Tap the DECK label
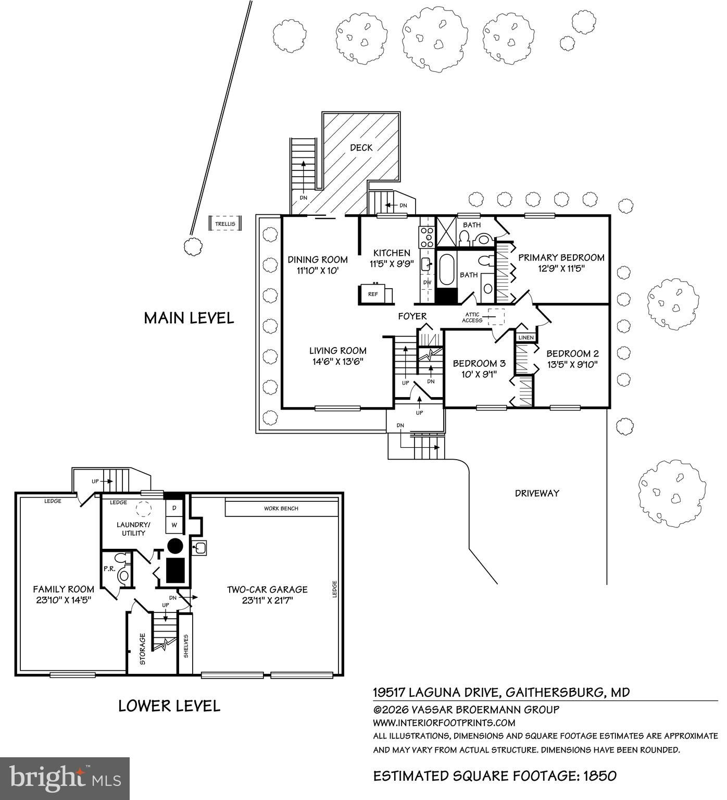click(361, 147)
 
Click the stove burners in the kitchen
click(427, 237)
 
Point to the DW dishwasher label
click(428, 282)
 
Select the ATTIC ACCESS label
click(472, 317)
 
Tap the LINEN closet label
click(526, 338)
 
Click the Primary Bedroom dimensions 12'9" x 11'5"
click(561, 269)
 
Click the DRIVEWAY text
click(537, 493)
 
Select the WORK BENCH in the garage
click(281, 508)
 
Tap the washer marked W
click(174, 524)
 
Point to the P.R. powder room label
click(109, 569)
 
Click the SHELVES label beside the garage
click(185, 646)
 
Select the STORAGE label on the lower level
click(143, 649)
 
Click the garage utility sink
click(200, 548)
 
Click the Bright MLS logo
click(65, 778)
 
